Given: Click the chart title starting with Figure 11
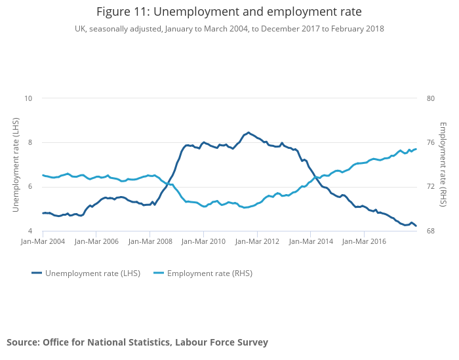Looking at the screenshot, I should tap(229, 12).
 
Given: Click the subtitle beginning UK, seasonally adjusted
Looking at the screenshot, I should tap(229, 29).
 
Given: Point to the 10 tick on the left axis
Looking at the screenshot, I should tap(28, 98).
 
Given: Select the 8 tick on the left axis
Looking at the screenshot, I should tap(29, 143).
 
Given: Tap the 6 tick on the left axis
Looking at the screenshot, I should tap(29, 187).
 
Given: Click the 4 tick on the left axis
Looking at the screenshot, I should tap(29, 231).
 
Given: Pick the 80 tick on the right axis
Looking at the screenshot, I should tap(430, 98).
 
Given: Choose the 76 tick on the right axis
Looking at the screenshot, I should tap(430, 143).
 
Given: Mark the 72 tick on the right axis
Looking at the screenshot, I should tap(430, 187).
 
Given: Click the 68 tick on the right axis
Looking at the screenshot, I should tap(430, 231).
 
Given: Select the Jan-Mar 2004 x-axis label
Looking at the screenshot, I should tap(43, 242).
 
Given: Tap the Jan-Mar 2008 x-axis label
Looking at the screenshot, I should tap(150, 242).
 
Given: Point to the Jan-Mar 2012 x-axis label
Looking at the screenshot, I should tap(257, 242).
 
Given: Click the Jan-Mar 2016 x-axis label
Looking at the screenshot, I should tap(365, 242).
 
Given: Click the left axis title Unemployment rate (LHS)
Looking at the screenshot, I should tap(16, 165).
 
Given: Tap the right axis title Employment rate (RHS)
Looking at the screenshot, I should tap(443, 165).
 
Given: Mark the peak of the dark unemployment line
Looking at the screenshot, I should tap(248, 132).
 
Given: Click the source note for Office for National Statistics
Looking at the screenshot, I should tap(137, 342).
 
